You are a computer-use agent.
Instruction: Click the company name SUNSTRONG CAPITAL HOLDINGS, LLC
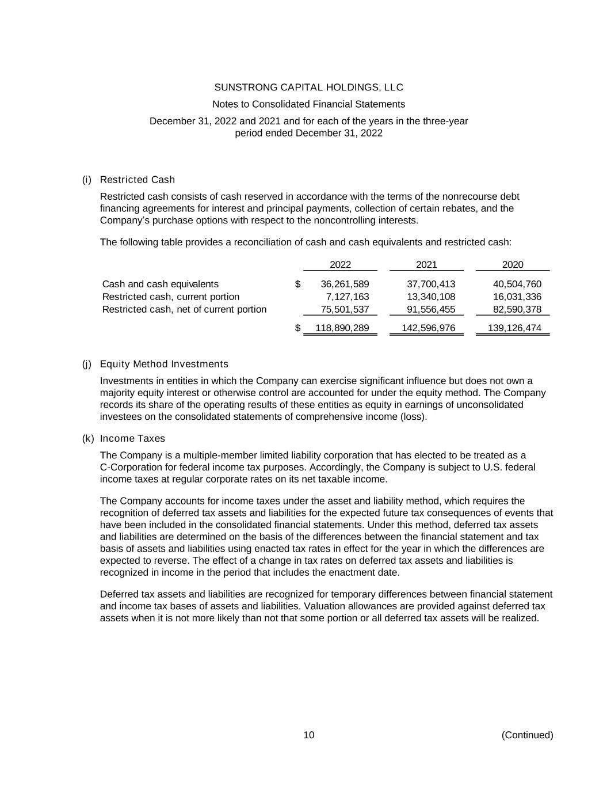(308, 88)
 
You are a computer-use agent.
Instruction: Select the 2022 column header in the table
(340, 265)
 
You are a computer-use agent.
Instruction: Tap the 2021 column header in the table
(426, 265)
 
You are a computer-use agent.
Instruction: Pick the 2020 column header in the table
(513, 265)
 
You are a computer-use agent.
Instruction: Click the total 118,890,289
(342, 328)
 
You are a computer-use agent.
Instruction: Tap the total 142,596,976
(429, 328)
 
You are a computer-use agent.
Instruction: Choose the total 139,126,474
(515, 328)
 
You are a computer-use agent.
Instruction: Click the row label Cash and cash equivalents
(161, 284)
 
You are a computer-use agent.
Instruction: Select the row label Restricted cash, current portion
(171, 297)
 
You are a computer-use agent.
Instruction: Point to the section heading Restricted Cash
(138, 180)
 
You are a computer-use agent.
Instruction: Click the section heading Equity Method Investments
(164, 364)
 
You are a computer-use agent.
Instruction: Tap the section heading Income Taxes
(132, 438)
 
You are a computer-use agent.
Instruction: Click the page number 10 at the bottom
(309, 735)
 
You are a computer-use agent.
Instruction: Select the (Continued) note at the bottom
(527, 735)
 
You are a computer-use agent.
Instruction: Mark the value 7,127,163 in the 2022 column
(347, 297)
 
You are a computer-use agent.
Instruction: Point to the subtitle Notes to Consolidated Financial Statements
(308, 104)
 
